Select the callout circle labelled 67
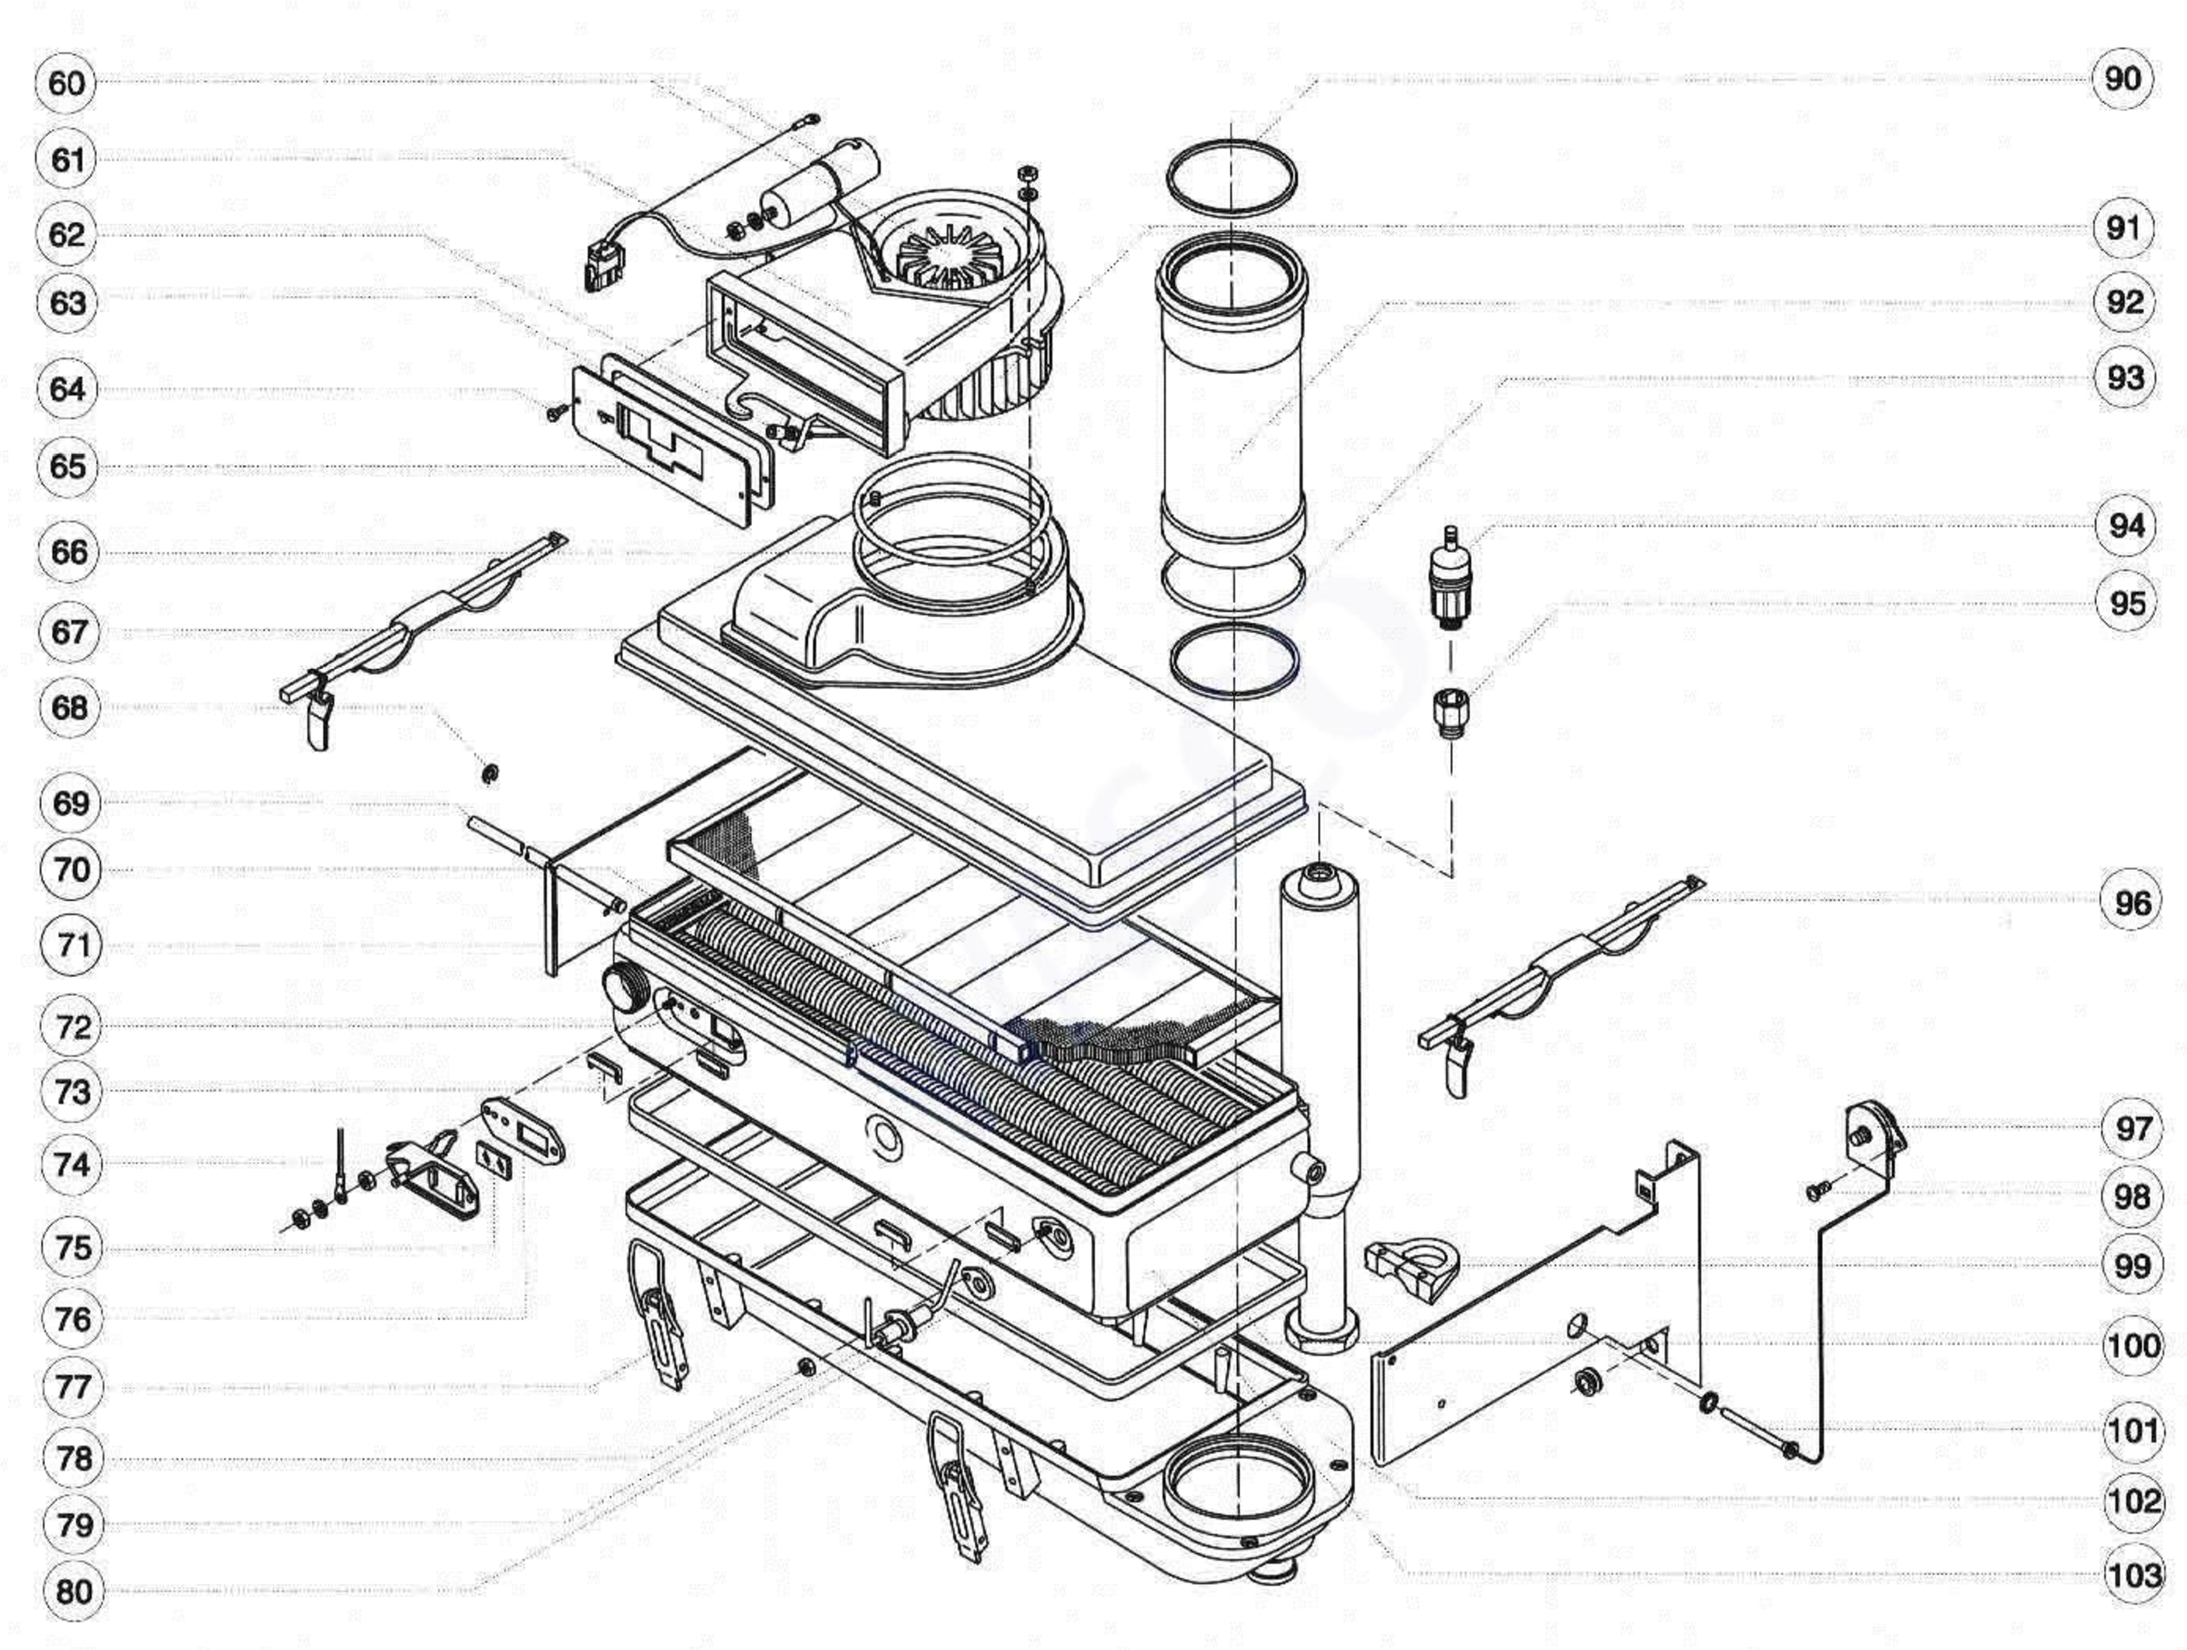(x=69, y=631)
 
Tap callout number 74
(x=72, y=1163)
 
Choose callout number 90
(x=2123, y=78)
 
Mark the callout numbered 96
(x=2132, y=902)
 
